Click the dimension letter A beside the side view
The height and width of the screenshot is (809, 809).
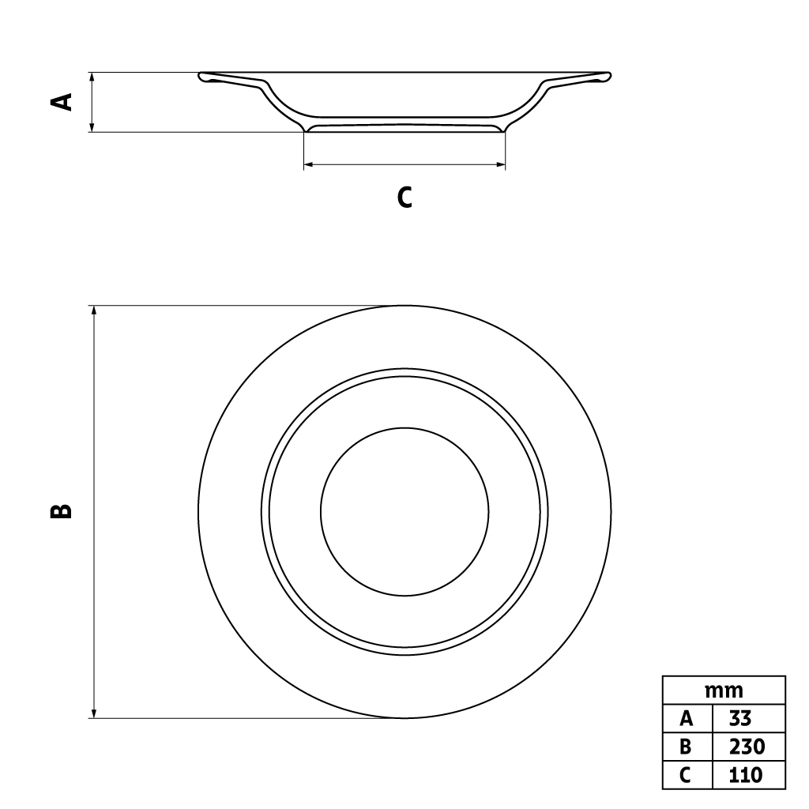click(x=62, y=102)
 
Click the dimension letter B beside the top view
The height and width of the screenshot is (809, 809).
click(x=61, y=511)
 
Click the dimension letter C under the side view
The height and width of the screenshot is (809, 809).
click(x=404, y=197)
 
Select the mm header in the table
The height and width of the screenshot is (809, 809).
click(x=724, y=690)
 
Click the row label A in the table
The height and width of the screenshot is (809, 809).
click(x=687, y=718)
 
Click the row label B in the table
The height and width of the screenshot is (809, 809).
click(x=687, y=747)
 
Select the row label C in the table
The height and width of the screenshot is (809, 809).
click(x=687, y=774)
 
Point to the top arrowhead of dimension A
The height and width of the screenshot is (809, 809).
click(x=93, y=77)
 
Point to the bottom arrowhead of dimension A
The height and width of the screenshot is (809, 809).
click(x=93, y=127)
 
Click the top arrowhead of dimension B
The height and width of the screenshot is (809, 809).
click(x=94, y=310)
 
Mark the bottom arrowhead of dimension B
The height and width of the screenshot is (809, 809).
click(x=94, y=713)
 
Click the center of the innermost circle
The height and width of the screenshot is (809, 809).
click(x=404, y=511)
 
